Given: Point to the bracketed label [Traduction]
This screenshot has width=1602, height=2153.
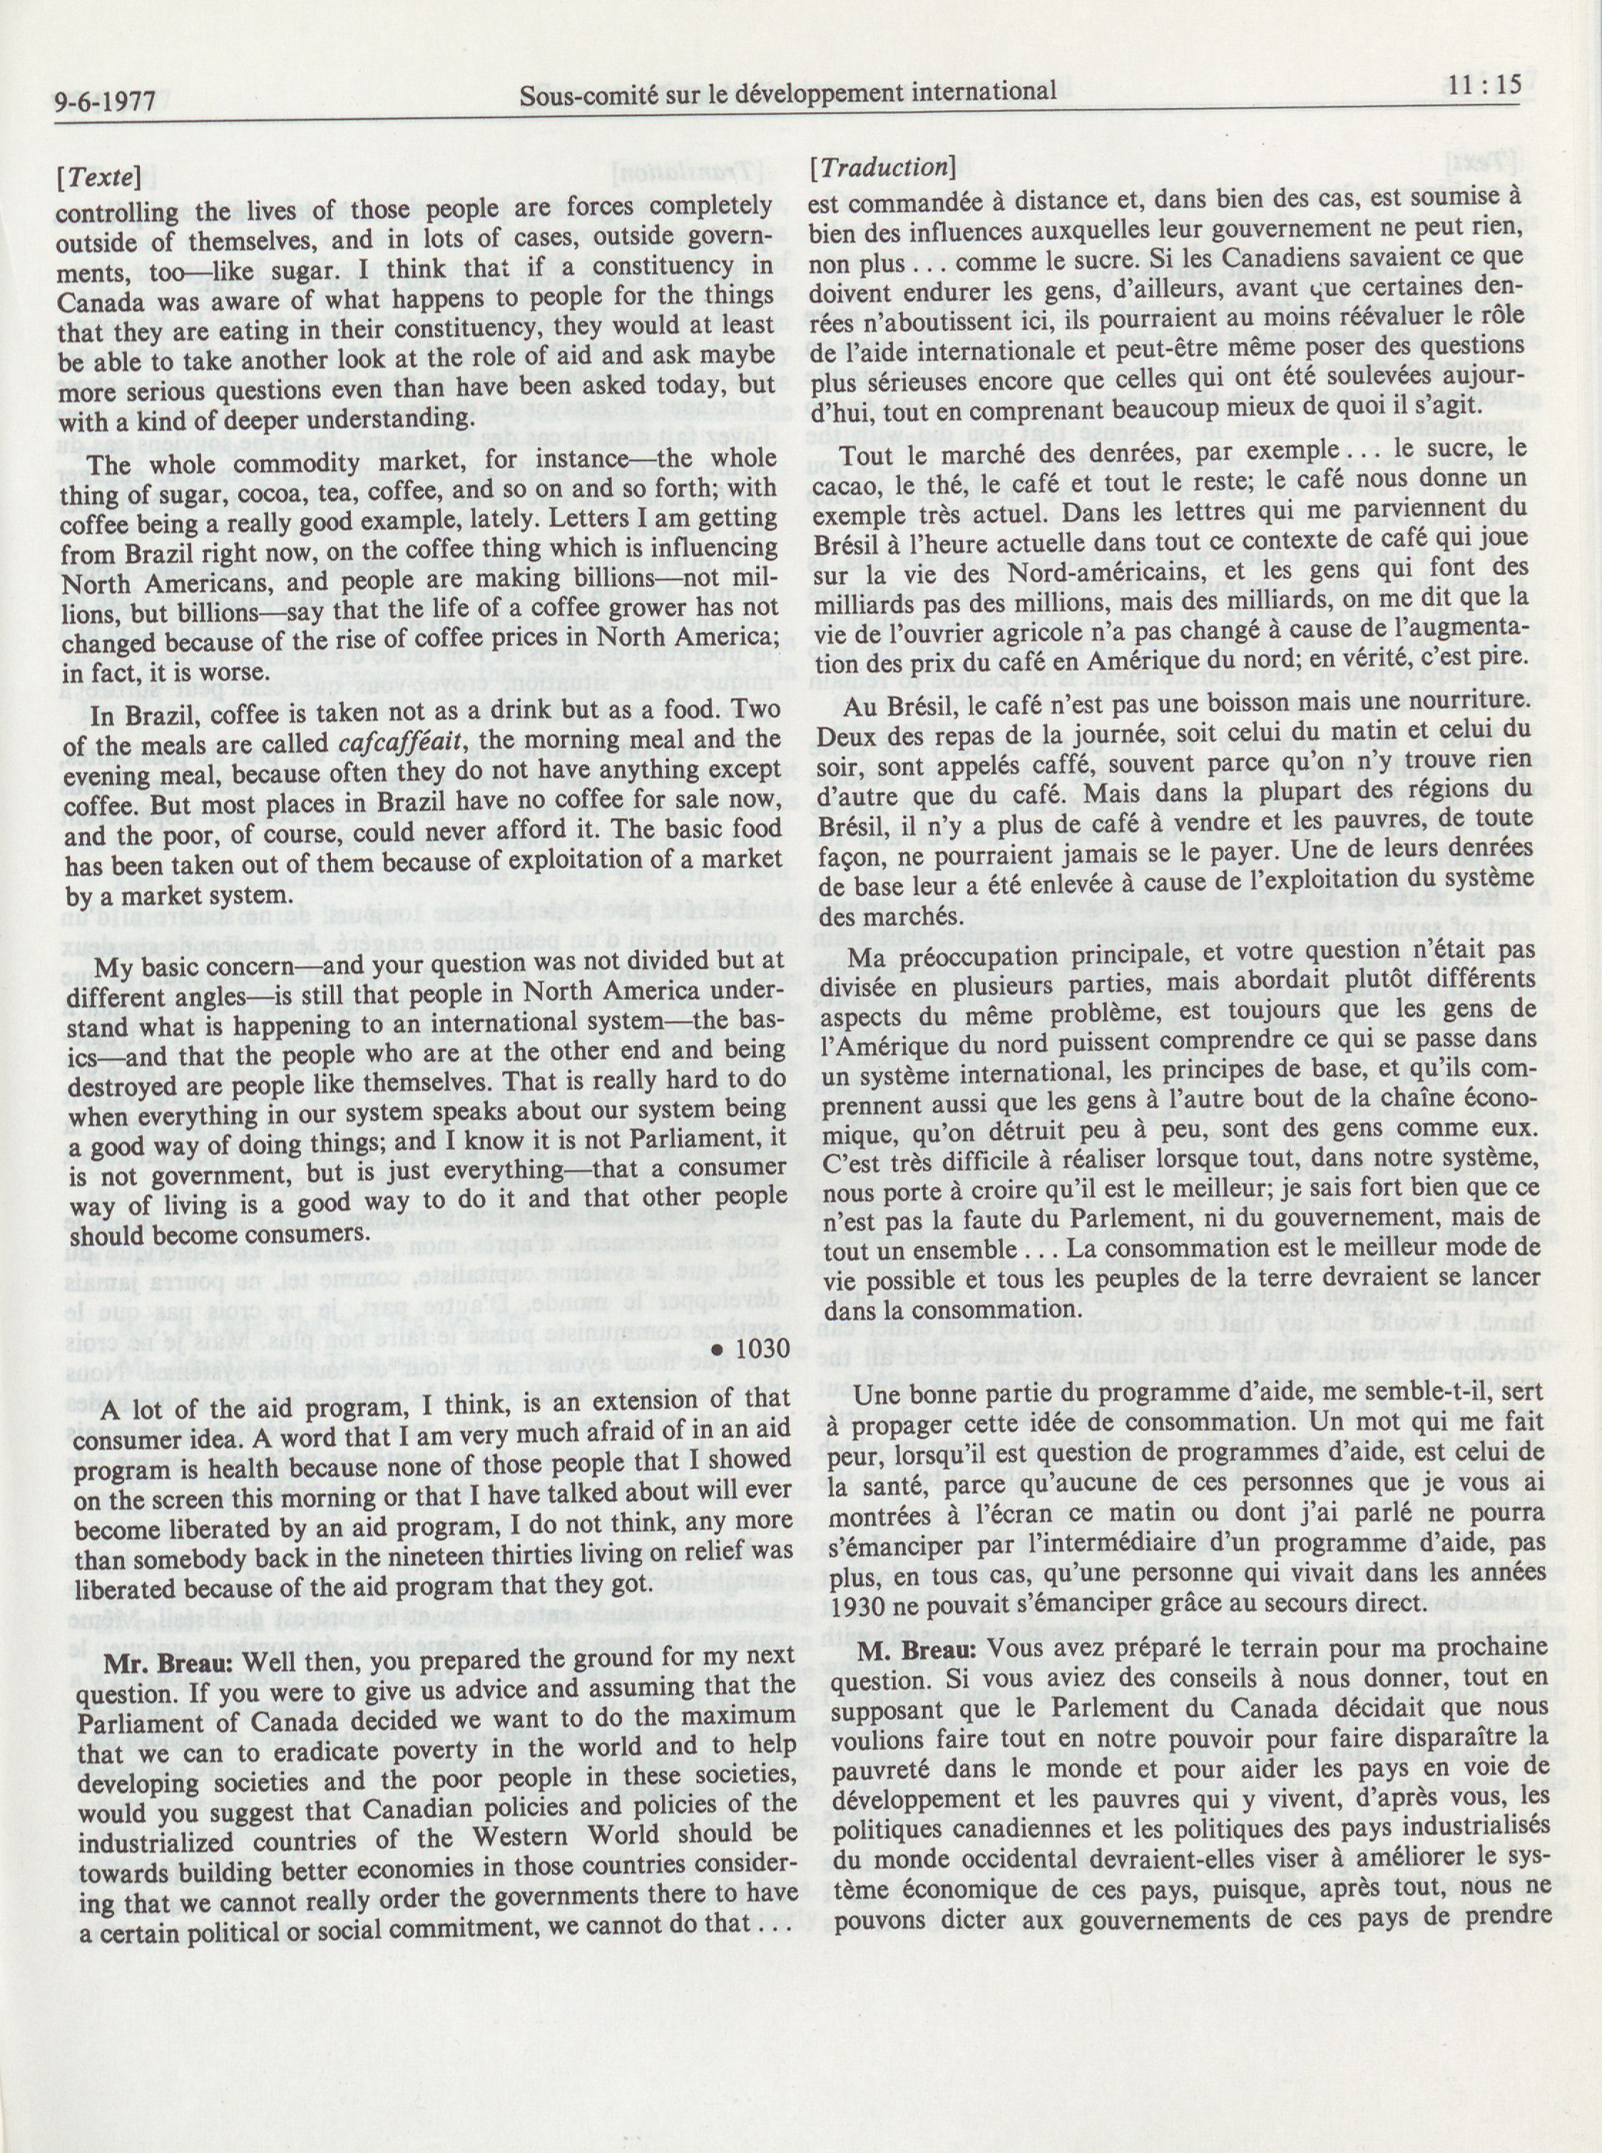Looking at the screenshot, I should tap(882, 167).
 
